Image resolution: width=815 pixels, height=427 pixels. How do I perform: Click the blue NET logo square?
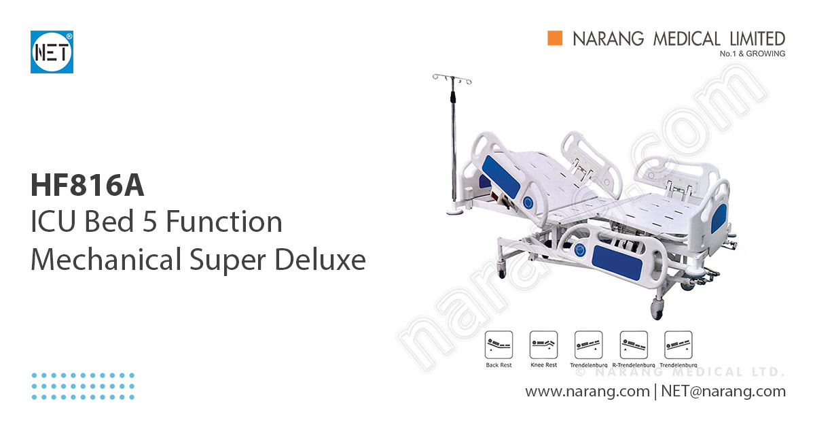[x=52, y=52]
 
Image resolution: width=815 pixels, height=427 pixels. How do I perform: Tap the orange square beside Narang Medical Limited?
[x=556, y=39]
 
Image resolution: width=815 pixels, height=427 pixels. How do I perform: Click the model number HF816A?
[x=88, y=186]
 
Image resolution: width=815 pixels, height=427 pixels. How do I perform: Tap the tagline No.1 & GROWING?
[x=752, y=54]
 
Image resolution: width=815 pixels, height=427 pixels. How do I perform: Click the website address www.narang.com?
[x=587, y=392]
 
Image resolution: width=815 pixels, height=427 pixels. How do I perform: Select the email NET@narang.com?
[x=723, y=392]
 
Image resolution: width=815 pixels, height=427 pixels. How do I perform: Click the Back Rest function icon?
[x=499, y=345]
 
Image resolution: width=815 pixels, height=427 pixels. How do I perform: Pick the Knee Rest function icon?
[x=543, y=345]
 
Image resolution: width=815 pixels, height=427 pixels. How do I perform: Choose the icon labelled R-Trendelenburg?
[x=634, y=345]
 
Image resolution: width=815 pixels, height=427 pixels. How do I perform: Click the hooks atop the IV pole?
[x=452, y=80]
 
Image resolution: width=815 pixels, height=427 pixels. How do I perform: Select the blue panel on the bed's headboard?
[x=501, y=175]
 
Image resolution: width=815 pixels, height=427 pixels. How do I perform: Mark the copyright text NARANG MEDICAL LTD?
[x=679, y=372]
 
